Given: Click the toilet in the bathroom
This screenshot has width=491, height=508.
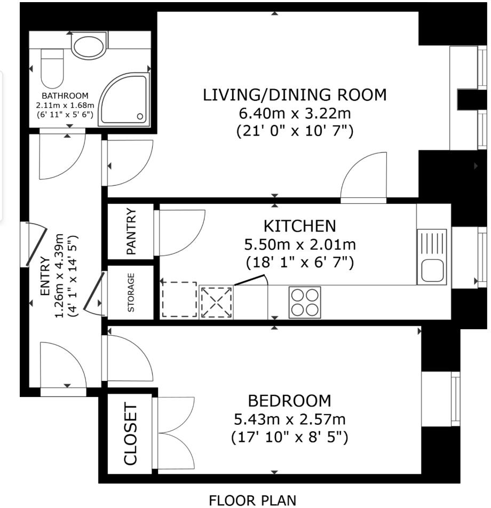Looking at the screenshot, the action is point(52,68).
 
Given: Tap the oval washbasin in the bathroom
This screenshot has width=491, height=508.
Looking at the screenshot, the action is point(89,46).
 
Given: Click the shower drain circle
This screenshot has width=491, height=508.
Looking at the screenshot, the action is point(140,116).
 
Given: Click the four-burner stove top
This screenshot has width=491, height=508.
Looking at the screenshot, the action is point(305,302).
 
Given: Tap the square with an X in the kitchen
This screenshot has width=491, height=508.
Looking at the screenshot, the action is point(216,302).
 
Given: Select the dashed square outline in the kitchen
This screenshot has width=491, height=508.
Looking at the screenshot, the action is point(179,299).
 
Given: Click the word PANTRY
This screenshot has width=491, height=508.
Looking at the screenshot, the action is point(131,231).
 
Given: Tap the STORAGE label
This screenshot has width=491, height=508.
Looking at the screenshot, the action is point(131,292).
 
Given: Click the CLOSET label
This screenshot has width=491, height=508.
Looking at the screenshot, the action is point(131,434).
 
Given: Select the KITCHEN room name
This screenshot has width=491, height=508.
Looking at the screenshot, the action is point(300,226).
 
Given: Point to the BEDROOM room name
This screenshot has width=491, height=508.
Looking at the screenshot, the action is point(289,401).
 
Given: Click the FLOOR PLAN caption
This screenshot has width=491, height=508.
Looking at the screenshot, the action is point(252,500).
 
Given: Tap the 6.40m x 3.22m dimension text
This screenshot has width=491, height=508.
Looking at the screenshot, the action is point(295,113).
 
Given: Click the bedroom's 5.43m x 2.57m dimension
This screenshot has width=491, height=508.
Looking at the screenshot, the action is point(289,419).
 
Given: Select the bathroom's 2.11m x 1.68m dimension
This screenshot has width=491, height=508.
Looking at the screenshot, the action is point(65,105).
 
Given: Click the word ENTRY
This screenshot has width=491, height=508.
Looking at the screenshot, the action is point(45,276).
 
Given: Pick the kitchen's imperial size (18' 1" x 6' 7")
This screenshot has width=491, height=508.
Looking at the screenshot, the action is point(300,262).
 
